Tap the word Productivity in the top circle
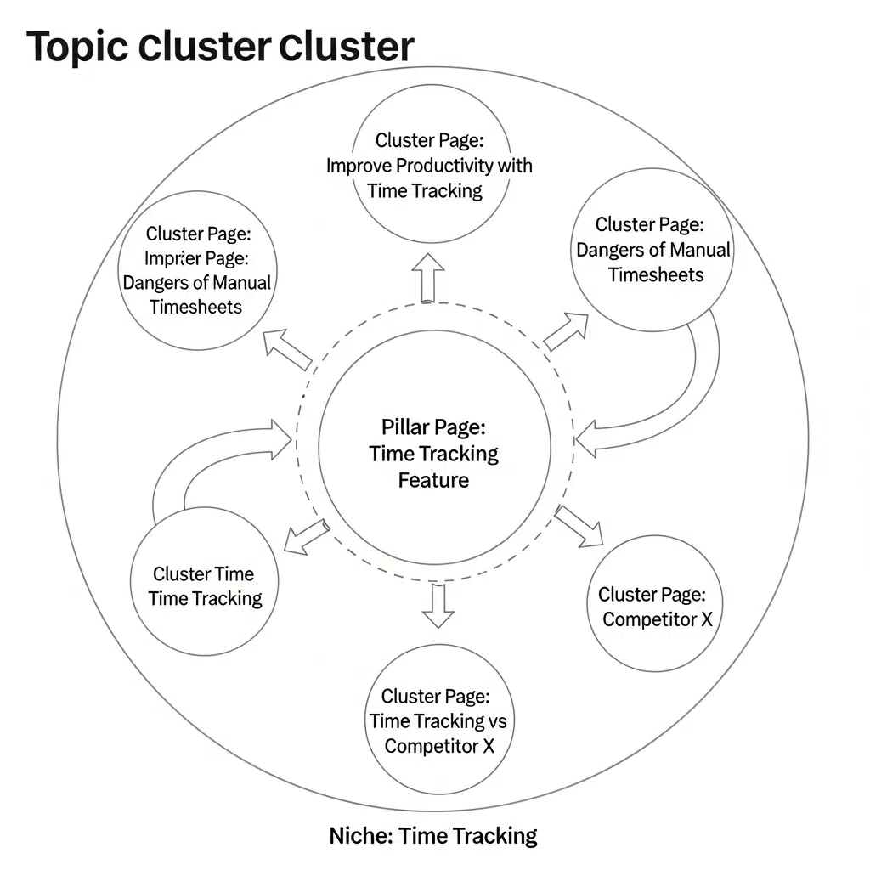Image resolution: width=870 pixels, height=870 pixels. (446, 165)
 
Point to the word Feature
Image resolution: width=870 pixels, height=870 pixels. (433, 481)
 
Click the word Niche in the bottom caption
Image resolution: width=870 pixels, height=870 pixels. (359, 836)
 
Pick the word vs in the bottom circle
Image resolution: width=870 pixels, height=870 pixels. (497, 721)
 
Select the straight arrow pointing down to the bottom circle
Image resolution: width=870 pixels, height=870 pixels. (438, 605)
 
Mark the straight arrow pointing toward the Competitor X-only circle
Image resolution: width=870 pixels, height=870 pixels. (579, 527)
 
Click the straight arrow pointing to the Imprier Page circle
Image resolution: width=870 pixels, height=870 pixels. (286, 349)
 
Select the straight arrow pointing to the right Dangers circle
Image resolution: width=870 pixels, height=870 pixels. (566, 331)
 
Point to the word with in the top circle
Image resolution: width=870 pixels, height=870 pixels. (515, 165)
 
